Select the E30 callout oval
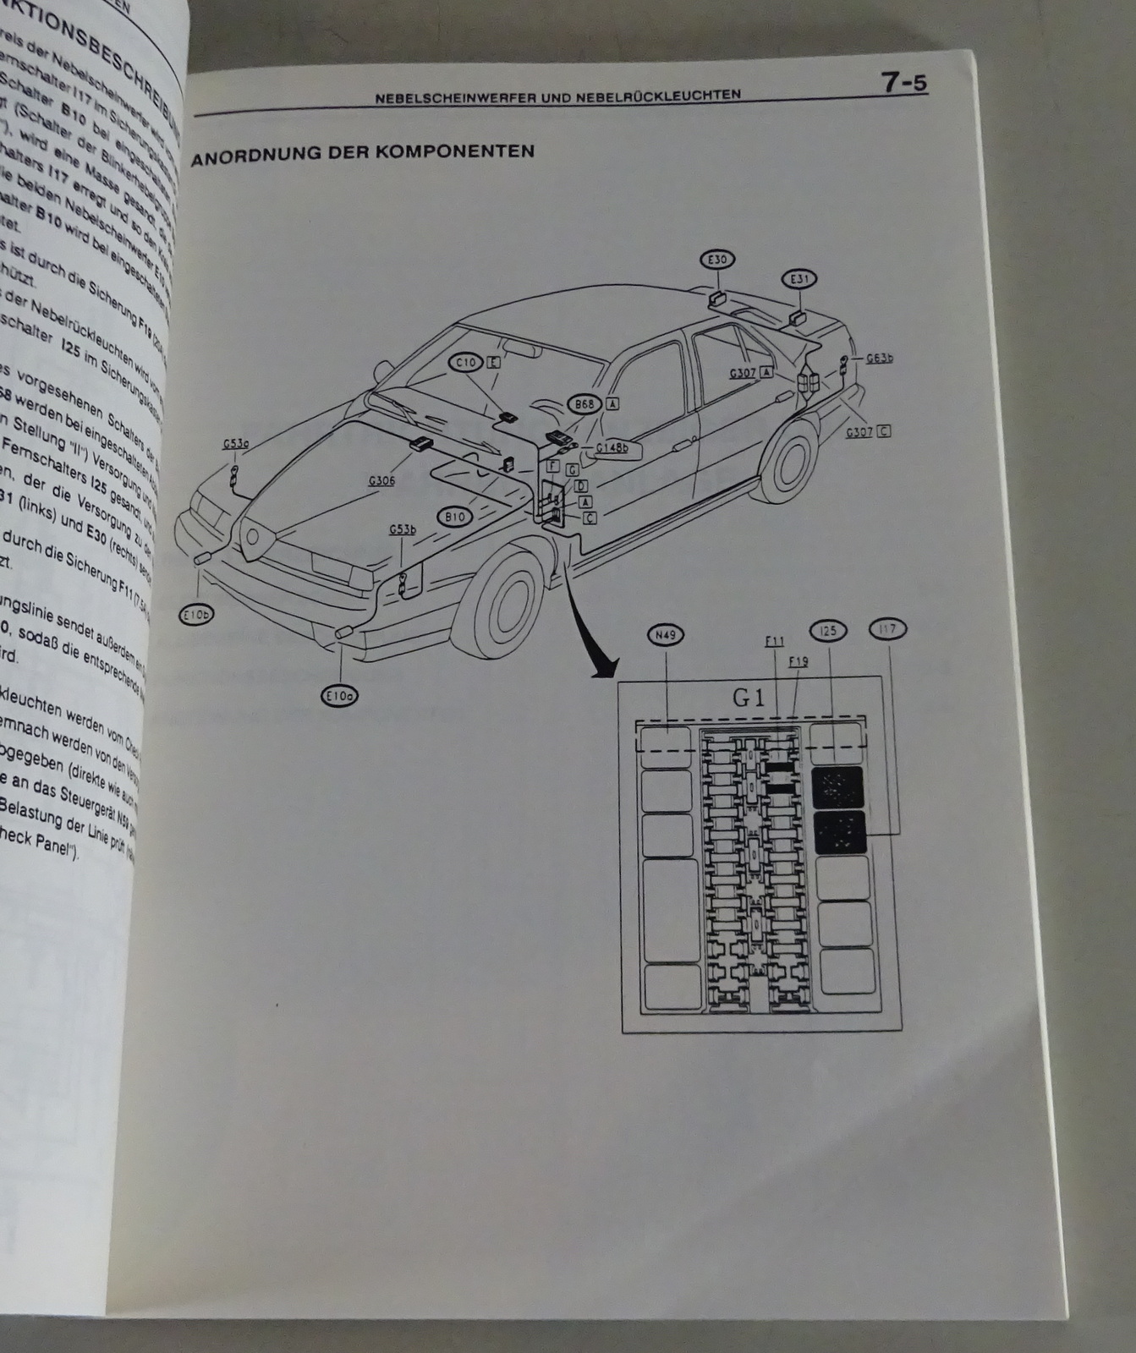point(718,260)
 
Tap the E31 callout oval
point(798,278)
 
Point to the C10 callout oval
point(464,363)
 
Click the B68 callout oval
point(584,405)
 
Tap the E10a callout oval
point(341,696)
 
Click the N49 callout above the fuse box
point(664,633)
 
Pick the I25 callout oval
point(827,630)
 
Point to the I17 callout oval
point(887,628)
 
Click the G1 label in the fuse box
point(748,698)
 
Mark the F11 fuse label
point(775,643)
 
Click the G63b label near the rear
point(879,359)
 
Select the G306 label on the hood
point(381,481)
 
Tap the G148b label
point(612,448)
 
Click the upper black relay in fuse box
point(838,788)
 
